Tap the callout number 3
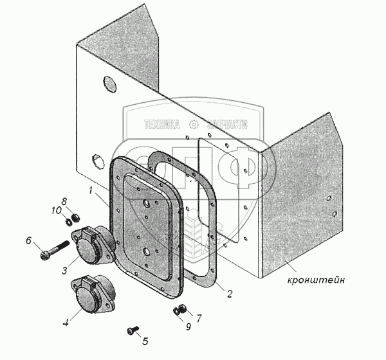65,270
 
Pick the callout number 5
145,341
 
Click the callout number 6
28,241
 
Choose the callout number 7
199,318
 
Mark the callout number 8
64,201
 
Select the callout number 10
57,210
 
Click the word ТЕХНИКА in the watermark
161,125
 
